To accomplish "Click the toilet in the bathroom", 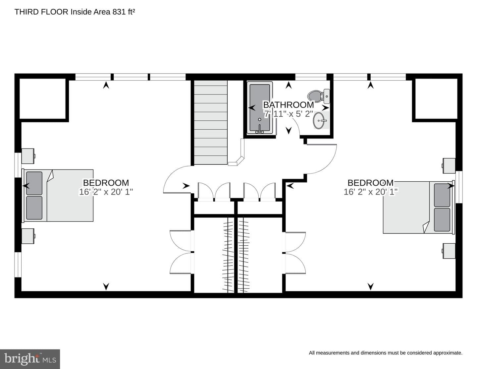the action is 319,96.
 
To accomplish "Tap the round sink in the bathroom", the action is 319,121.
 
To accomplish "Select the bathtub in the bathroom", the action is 260,108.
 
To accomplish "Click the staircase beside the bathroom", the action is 211,122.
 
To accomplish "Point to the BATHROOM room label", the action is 289,105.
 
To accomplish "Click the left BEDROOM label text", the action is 106,183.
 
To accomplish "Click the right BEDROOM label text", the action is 371,183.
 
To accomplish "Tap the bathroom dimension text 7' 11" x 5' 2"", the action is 288,114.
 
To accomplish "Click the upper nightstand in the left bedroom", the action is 28,156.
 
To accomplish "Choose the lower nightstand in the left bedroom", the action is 28,236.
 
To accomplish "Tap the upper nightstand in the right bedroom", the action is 449,166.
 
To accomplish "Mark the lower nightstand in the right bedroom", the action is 449,251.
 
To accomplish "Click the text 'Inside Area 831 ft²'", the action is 103,12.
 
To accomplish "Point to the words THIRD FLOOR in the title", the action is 41,12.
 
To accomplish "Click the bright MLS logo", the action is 30,359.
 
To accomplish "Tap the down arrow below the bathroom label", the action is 289,131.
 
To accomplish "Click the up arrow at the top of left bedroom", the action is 106,85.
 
